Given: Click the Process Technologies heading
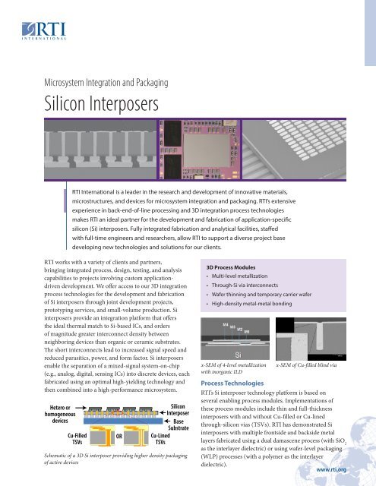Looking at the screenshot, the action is pyautogui.click(x=243, y=385).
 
